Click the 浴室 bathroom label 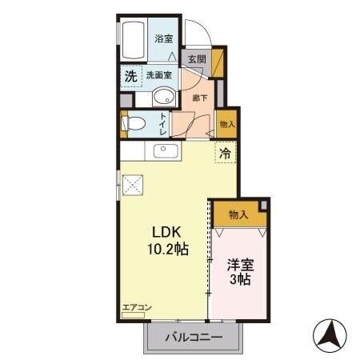[163, 38]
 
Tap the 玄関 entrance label [197, 58]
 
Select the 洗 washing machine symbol [130, 76]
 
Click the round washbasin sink [162, 98]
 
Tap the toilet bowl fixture [134, 124]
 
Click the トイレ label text [162, 124]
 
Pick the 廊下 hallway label [200, 98]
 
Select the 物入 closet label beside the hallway [227, 123]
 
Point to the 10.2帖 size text [166, 249]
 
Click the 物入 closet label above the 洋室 [238, 214]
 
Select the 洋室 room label [240, 263]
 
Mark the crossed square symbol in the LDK [133, 186]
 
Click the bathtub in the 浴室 [134, 39]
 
